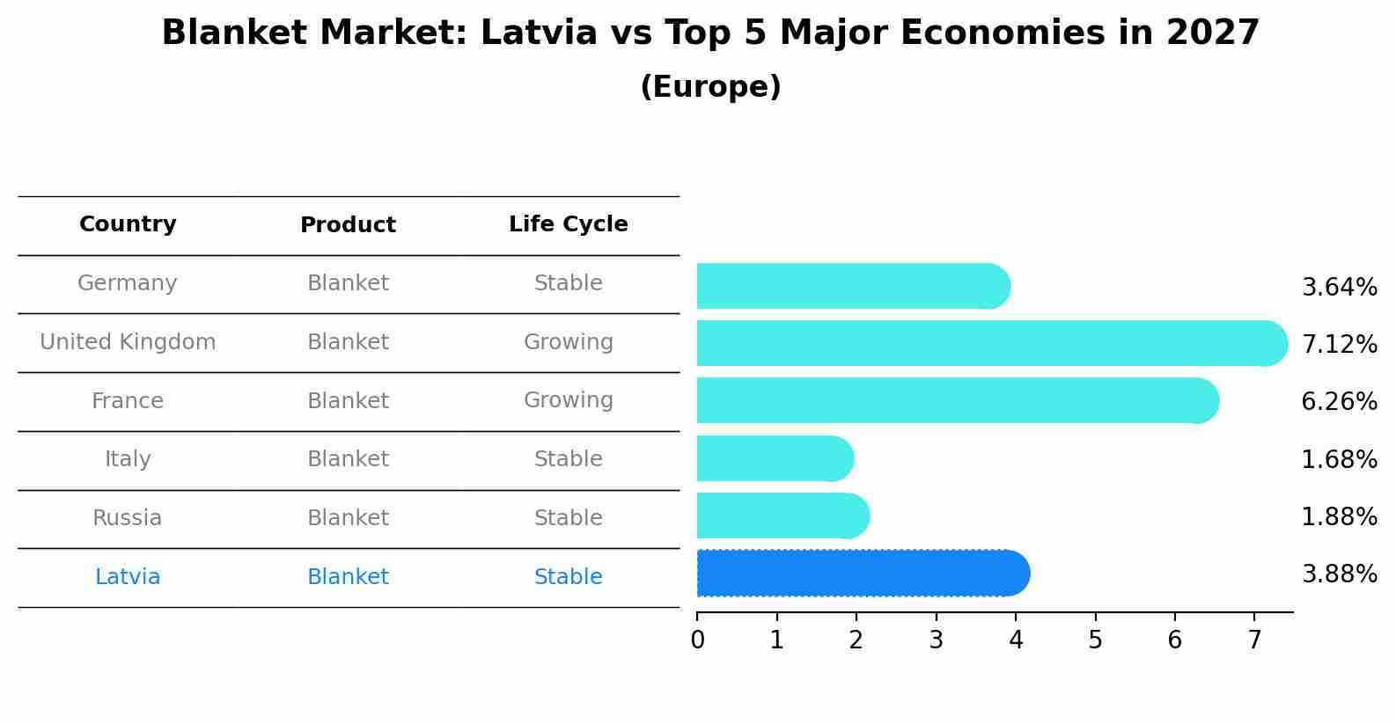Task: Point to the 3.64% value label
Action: pos(1339,287)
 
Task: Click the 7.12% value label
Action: pos(1339,344)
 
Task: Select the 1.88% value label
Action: pos(1339,516)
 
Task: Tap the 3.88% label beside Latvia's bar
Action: pos(1339,574)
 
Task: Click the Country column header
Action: pos(128,224)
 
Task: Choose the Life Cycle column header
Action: pos(568,224)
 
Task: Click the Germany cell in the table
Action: pos(128,283)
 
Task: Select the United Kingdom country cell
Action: pos(128,342)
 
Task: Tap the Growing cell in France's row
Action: pos(568,400)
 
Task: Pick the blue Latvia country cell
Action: pos(128,577)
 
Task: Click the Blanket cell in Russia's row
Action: pos(348,518)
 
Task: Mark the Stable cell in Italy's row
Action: pos(568,459)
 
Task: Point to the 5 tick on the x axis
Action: pos(1095,640)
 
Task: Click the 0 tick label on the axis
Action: pos(697,640)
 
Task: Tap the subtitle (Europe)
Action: pos(710,87)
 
